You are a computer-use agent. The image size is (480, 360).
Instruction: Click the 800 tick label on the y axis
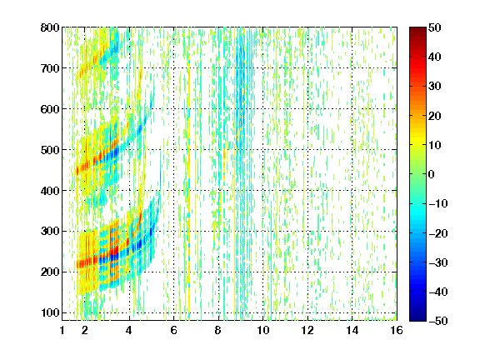50,27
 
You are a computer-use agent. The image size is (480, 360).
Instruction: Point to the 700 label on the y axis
50,68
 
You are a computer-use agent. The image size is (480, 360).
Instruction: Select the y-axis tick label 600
50,109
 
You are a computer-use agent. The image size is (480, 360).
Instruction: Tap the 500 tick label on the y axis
50,150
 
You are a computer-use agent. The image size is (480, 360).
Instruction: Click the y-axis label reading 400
50,191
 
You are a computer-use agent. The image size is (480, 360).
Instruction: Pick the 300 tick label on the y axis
50,232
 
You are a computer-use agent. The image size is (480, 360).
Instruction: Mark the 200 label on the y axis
50,272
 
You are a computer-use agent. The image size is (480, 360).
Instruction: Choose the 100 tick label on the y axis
50,312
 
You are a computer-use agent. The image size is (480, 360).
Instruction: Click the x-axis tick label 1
62,330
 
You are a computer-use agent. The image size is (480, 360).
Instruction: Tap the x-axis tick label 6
174,330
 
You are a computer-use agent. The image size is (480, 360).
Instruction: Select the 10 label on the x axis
263,330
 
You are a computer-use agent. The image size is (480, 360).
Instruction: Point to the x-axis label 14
352,330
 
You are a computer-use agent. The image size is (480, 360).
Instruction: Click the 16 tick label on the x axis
397,330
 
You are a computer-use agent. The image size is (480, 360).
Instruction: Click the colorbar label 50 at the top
434,27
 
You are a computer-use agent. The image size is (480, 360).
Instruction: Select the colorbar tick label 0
432,174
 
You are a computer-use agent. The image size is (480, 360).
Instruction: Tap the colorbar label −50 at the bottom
438,321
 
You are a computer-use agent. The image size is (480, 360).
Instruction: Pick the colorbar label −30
438,262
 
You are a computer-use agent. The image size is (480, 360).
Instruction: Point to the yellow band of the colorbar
417,142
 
